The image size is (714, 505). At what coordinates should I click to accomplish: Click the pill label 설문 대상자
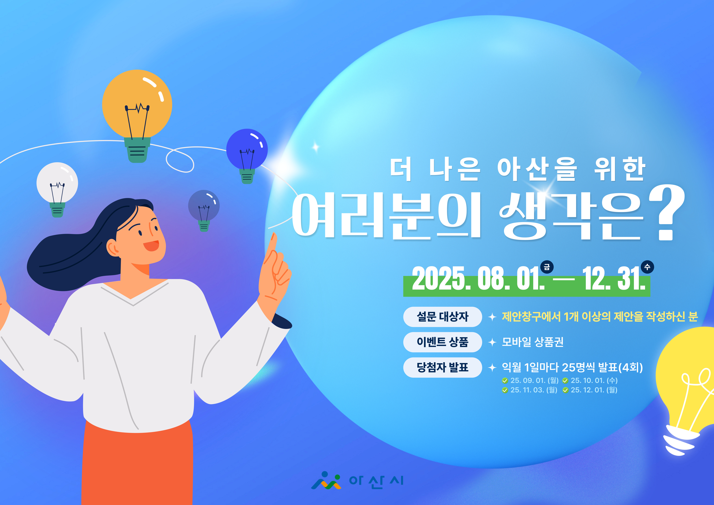(443, 317)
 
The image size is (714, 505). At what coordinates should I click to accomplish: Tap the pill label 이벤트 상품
(443, 342)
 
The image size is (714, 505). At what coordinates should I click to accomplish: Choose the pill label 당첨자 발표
(443, 368)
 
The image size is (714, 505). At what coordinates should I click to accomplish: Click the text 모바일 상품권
(533, 342)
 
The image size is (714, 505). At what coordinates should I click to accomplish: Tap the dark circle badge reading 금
(547, 267)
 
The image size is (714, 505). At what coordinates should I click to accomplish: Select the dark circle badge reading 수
(647, 267)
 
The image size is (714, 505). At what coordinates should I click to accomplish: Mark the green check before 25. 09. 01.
(505, 381)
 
